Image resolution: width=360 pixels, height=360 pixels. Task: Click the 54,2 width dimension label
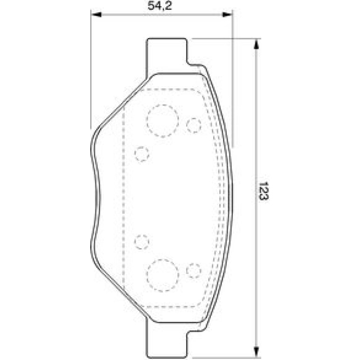coord(159,6)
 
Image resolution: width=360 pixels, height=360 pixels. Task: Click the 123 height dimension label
coord(264,191)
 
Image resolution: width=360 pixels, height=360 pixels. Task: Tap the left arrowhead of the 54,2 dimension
coord(96,14)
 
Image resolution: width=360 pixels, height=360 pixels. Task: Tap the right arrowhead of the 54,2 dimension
coord(227,14)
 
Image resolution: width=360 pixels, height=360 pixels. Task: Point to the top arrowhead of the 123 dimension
coord(257,44)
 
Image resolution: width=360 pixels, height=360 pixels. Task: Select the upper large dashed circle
coord(163,121)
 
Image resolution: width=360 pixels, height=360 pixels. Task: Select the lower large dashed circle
coord(163,275)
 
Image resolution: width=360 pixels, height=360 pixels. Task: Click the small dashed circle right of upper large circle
coord(194,125)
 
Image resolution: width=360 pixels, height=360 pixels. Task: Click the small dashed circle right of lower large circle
coord(194,271)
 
